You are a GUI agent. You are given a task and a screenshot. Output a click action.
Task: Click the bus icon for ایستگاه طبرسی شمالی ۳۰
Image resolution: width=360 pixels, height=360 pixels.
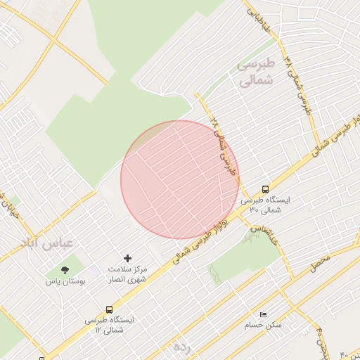pyautogui.click(x=265, y=188)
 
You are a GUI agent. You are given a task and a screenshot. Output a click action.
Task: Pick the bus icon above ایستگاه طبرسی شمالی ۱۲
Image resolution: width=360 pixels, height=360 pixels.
pyautogui.click(x=109, y=309)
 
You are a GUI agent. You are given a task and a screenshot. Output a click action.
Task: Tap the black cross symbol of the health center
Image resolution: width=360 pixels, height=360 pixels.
pyautogui.click(x=127, y=259)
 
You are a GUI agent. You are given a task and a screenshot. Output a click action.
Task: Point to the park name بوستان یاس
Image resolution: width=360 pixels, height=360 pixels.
pyautogui.click(x=65, y=281)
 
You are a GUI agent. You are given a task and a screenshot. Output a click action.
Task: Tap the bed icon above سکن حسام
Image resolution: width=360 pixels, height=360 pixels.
pyautogui.click(x=263, y=314)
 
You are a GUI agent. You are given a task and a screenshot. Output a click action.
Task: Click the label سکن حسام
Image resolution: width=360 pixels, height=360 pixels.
pyautogui.click(x=262, y=326)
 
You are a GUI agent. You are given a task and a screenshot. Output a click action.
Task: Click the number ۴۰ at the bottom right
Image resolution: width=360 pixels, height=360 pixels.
pyautogui.click(x=345, y=354)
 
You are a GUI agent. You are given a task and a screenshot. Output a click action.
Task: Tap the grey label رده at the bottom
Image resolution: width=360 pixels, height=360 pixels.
pyautogui.click(x=181, y=346)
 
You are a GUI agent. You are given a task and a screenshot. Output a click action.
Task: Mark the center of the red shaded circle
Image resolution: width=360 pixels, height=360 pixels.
pyautogui.click(x=179, y=179)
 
